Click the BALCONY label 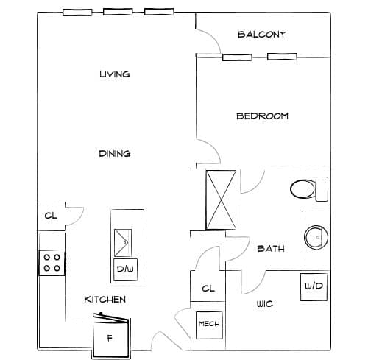pyautogui.click(x=262, y=35)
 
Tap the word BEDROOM pyautogui.click(x=262, y=116)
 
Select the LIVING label pyautogui.click(x=115, y=74)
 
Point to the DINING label pyautogui.click(x=115, y=154)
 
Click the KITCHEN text pyautogui.click(x=105, y=300)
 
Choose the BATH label pyautogui.click(x=271, y=249)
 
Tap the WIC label pyautogui.click(x=265, y=304)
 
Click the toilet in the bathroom pyautogui.click(x=309, y=189)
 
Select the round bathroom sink pyautogui.click(x=316, y=238)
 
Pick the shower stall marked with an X pyautogui.click(x=221, y=200)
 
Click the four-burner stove pyautogui.click(x=52, y=263)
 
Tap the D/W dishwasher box pyautogui.click(x=125, y=269)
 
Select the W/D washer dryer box pyautogui.click(x=314, y=287)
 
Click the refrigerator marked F pyautogui.click(x=111, y=337)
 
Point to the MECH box pyautogui.click(x=209, y=325)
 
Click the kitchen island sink pyautogui.click(x=123, y=243)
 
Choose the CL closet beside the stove pyautogui.click(x=51, y=216)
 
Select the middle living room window pyautogui.click(x=118, y=12)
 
